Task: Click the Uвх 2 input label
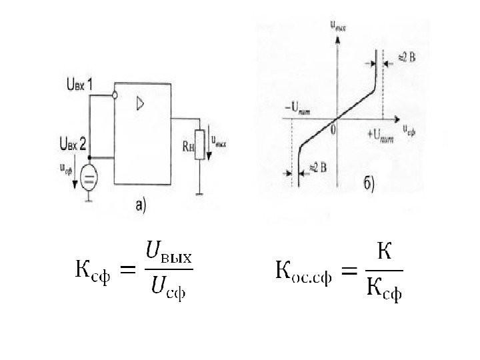pyautogui.click(x=73, y=142)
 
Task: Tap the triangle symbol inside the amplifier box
pyautogui.click(x=140, y=103)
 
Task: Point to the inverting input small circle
pyautogui.click(x=115, y=95)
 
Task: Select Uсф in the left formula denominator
pyautogui.click(x=168, y=288)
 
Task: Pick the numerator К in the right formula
pyautogui.click(x=385, y=253)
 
